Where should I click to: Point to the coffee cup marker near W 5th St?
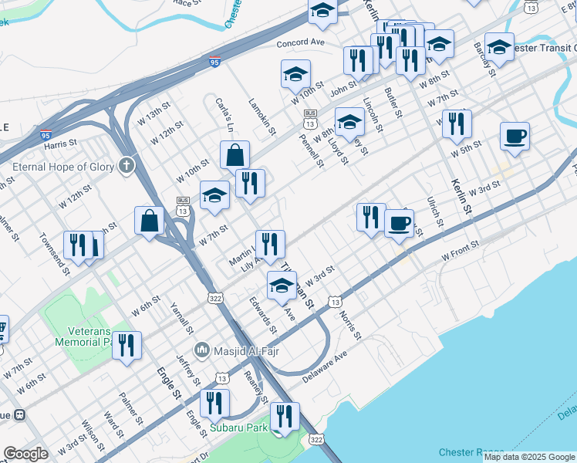(515, 137)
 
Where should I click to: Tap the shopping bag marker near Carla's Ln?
(235, 154)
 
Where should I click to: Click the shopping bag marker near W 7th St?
(149, 221)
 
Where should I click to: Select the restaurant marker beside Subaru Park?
(285, 417)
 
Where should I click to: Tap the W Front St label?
(460, 248)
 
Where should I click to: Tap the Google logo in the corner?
(25, 454)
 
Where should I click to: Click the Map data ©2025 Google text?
(529, 457)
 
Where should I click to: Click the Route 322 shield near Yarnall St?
(214, 297)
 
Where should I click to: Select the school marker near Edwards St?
(282, 285)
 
